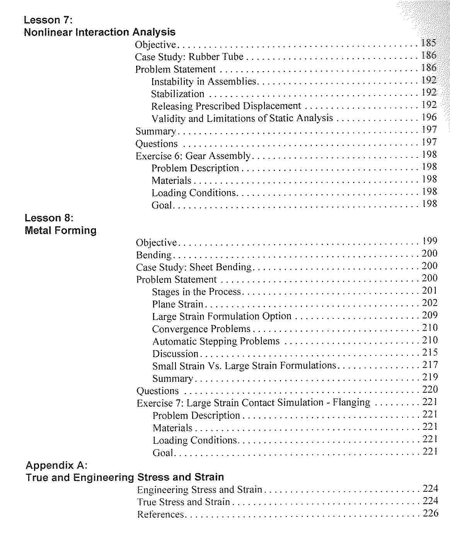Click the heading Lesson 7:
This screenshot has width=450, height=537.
(x=48, y=20)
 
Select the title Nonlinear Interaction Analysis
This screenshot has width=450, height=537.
(x=99, y=32)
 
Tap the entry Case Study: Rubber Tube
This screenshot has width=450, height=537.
(x=189, y=57)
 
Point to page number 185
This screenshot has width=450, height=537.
(x=429, y=43)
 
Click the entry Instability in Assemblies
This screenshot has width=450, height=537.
(x=204, y=82)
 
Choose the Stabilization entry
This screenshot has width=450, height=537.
(x=177, y=94)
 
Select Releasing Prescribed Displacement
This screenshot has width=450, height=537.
(x=226, y=106)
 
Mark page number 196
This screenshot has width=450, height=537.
(x=429, y=117)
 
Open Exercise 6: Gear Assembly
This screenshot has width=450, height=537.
(x=193, y=156)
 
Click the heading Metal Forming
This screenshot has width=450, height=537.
(x=60, y=231)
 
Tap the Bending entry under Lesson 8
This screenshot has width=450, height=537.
(x=153, y=255)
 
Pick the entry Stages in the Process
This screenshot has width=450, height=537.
(x=196, y=292)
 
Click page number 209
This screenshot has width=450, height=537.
(x=430, y=315)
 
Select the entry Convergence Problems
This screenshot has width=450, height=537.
(x=201, y=329)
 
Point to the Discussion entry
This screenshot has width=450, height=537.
(x=175, y=354)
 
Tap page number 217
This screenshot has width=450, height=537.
(x=430, y=365)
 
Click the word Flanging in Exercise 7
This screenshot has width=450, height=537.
(x=351, y=402)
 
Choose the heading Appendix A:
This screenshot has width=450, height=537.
(x=56, y=465)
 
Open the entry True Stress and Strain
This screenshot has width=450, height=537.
(x=184, y=502)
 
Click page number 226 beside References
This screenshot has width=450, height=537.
(x=430, y=513)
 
